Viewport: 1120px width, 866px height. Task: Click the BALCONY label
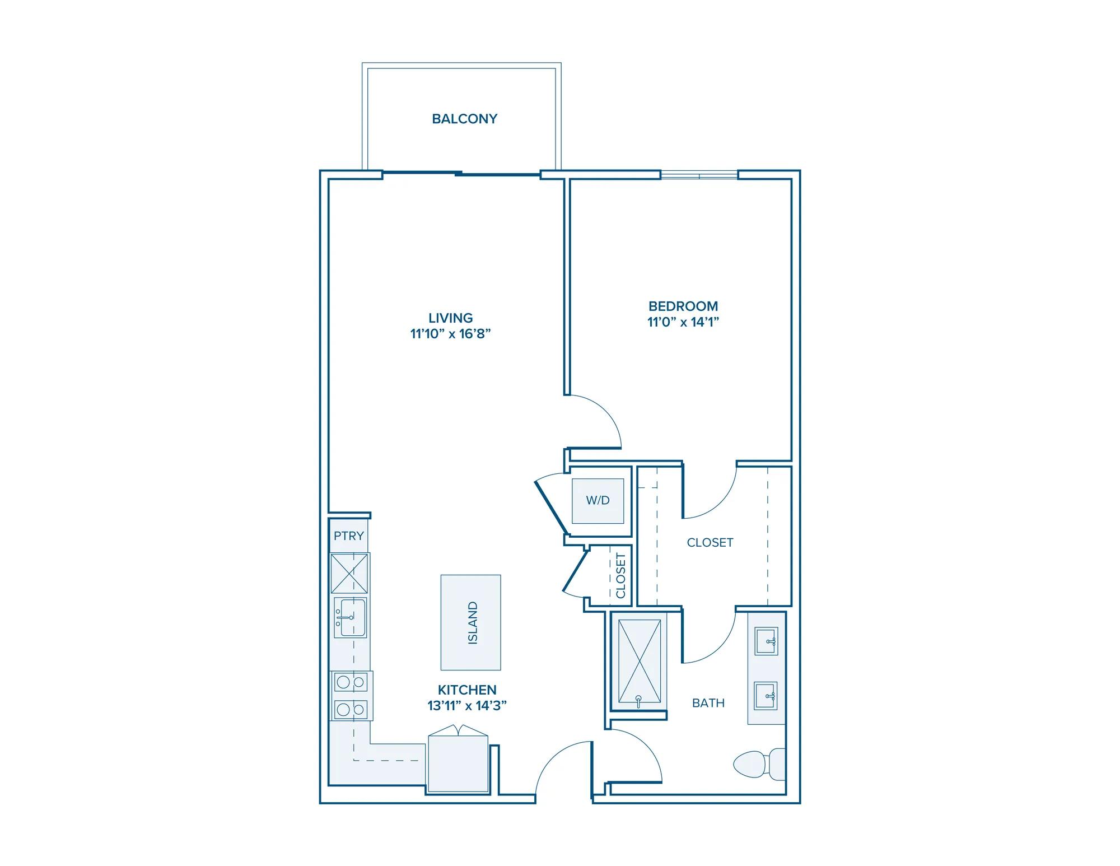pos(465,119)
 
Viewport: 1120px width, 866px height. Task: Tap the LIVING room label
pos(451,318)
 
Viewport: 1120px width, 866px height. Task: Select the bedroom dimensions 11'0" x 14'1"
pos(683,322)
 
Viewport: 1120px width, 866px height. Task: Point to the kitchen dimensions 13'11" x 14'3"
pos(467,706)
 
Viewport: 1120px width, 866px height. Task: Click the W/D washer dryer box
pos(598,501)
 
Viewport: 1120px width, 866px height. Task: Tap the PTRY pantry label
pos(349,536)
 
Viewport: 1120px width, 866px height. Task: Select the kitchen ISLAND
pos(470,622)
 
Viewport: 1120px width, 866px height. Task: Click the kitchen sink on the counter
pos(350,617)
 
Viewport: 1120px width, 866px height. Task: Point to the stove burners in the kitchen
pos(351,696)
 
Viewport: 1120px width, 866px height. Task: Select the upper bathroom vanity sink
pos(766,641)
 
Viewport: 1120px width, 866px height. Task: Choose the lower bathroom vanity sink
pos(766,696)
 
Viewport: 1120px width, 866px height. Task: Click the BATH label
pos(708,703)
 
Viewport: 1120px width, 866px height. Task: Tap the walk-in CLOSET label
pos(710,542)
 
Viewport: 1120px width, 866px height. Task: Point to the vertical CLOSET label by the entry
pos(620,575)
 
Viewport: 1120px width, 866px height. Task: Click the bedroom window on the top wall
pos(699,175)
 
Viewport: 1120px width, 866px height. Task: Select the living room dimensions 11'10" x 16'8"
pos(451,334)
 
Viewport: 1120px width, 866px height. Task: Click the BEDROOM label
pos(683,306)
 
